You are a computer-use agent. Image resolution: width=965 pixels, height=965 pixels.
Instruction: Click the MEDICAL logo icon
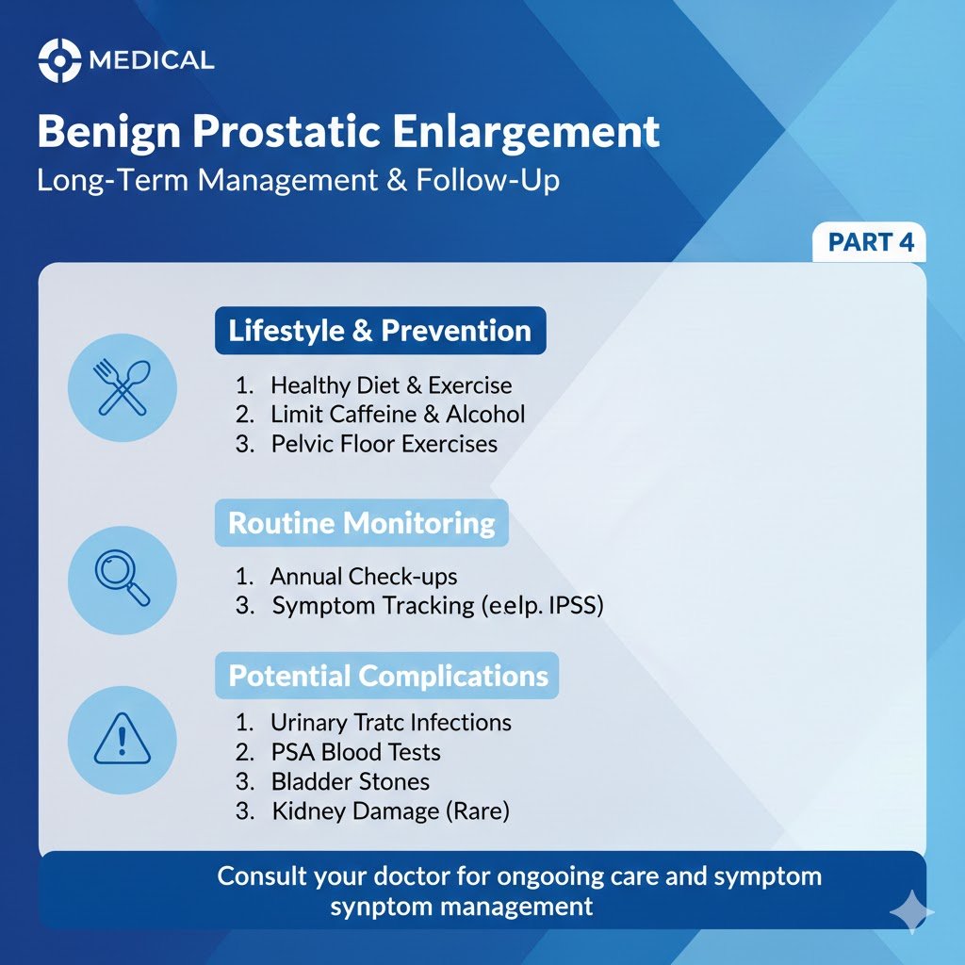tap(58, 61)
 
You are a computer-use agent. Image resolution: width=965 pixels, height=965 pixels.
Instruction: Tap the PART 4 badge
tap(870, 242)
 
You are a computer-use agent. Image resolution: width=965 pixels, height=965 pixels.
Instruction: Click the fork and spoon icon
tap(123, 387)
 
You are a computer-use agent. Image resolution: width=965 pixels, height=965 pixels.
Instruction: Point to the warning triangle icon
tap(123, 738)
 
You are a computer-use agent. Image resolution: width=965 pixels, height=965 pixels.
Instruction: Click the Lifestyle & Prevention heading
tap(380, 331)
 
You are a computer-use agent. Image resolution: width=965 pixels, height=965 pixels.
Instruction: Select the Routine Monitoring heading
tap(362, 523)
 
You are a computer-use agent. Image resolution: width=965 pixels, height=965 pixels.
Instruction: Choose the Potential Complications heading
tap(388, 676)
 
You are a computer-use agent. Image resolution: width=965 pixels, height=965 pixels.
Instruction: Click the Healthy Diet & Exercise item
tap(391, 385)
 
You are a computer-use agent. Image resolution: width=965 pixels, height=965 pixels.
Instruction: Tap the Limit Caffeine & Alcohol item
tap(398, 414)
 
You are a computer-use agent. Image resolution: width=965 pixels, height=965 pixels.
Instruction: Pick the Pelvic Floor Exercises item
tap(384, 443)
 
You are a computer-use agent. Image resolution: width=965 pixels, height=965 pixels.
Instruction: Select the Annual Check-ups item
tap(364, 576)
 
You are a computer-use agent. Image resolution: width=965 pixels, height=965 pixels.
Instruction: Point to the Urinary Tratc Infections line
tap(390, 723)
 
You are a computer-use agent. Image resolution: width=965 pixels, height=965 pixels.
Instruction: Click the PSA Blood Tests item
tap(355, 752)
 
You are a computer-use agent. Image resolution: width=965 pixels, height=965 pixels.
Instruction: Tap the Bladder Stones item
tap(350, 781)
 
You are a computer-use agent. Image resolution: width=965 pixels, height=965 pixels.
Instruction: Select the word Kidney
tap(303, 810)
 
